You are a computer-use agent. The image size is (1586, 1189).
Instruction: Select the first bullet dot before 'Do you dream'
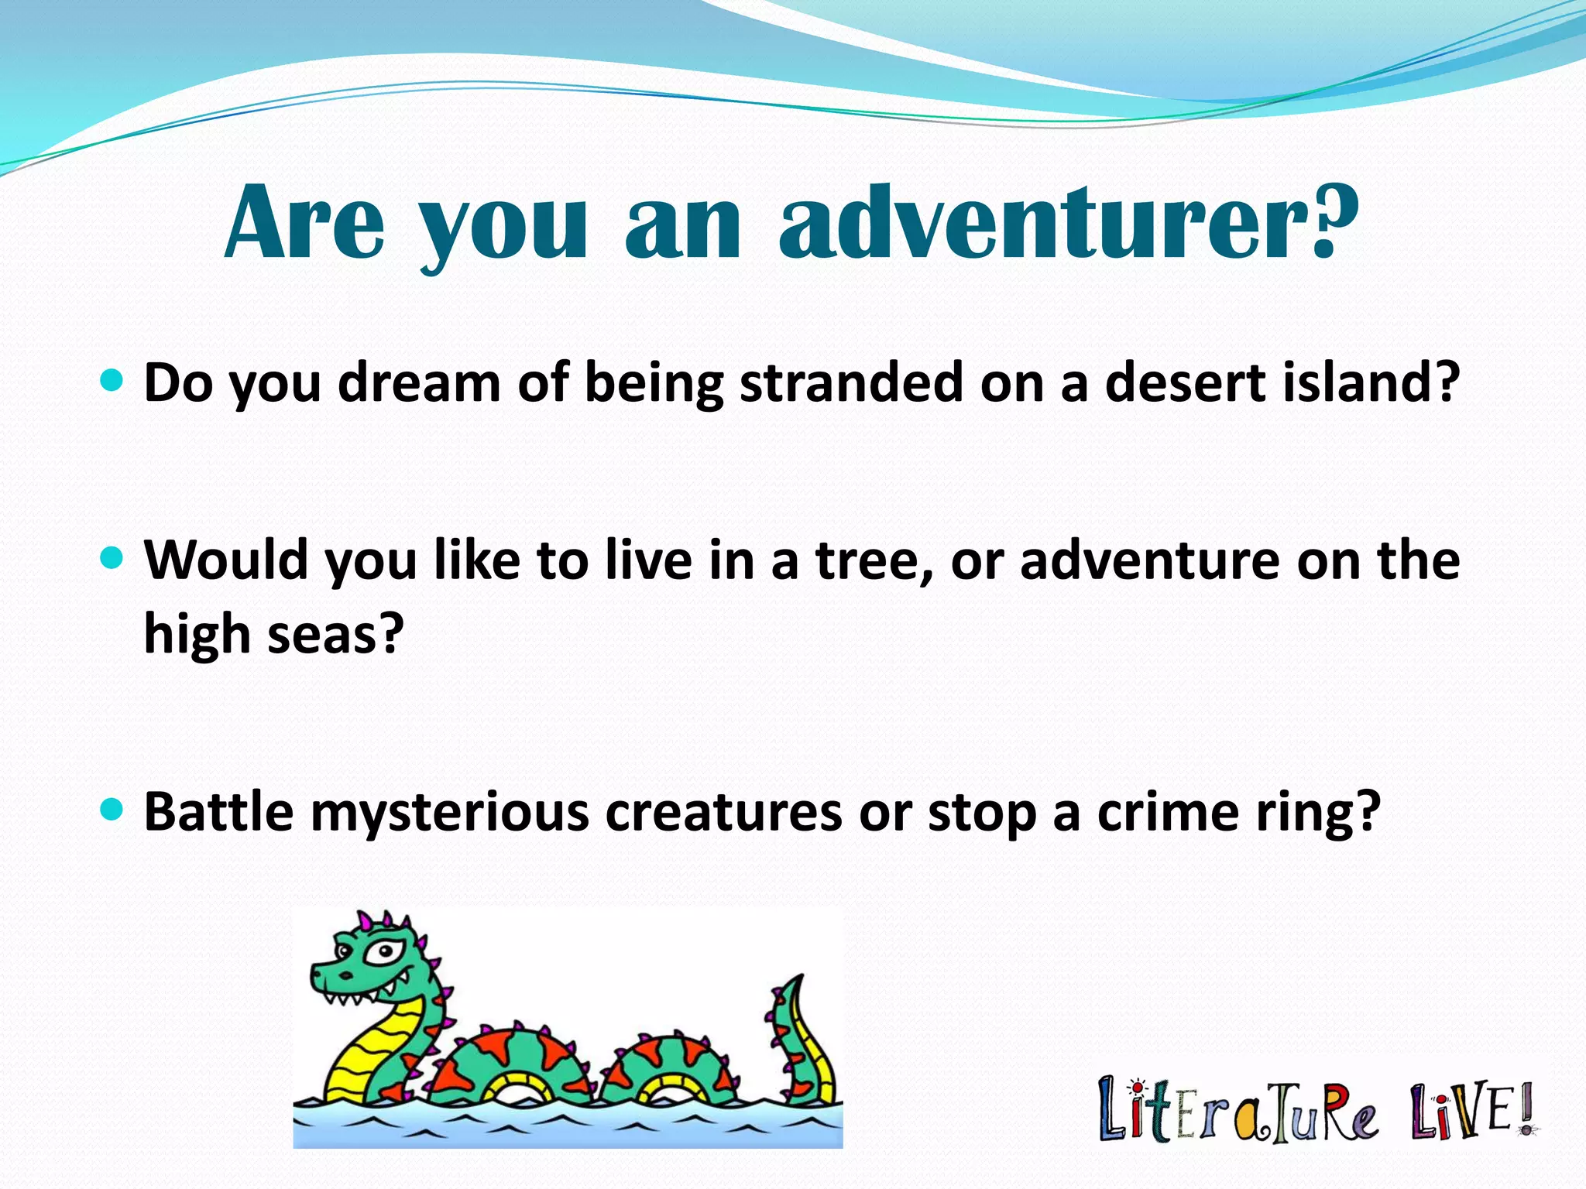click(113, 380)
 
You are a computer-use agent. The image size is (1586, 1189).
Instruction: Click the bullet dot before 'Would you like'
click(113, 557)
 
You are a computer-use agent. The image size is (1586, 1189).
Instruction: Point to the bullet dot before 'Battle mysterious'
click(113, 810)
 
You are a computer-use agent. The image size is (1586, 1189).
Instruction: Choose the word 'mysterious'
click(450, 814)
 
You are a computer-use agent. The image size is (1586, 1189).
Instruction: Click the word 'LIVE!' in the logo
click(1471, 1112)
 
